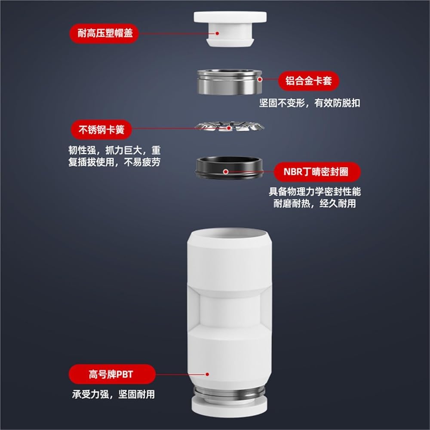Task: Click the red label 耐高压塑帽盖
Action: click(x=104, y=34)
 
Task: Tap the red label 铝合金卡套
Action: click(x=309, y=81)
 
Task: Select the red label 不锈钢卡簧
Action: click(x=101, y=129)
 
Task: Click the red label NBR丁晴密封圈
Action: click(x=317, y=172)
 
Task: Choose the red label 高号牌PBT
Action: click(x=112, y=374)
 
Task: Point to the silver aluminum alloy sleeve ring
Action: click(x=229, y=82)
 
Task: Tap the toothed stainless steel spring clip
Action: click(x=229, y=126)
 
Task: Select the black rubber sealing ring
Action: click(x=229, y=168)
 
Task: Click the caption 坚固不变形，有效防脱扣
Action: click(x=310, y=103)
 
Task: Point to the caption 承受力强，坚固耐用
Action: click(x=114, y=394)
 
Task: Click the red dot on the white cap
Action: click(x=217, y=33)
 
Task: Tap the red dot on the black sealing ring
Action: click(x=226, y=172)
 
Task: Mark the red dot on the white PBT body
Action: click(x=207, y=374)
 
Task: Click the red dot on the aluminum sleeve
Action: click(x=260, y=80)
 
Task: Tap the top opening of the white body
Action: click(x=230, y=234)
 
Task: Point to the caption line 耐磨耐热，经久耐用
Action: click(x=315, y=203)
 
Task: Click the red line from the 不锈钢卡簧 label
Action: click(x=180, y=128)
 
